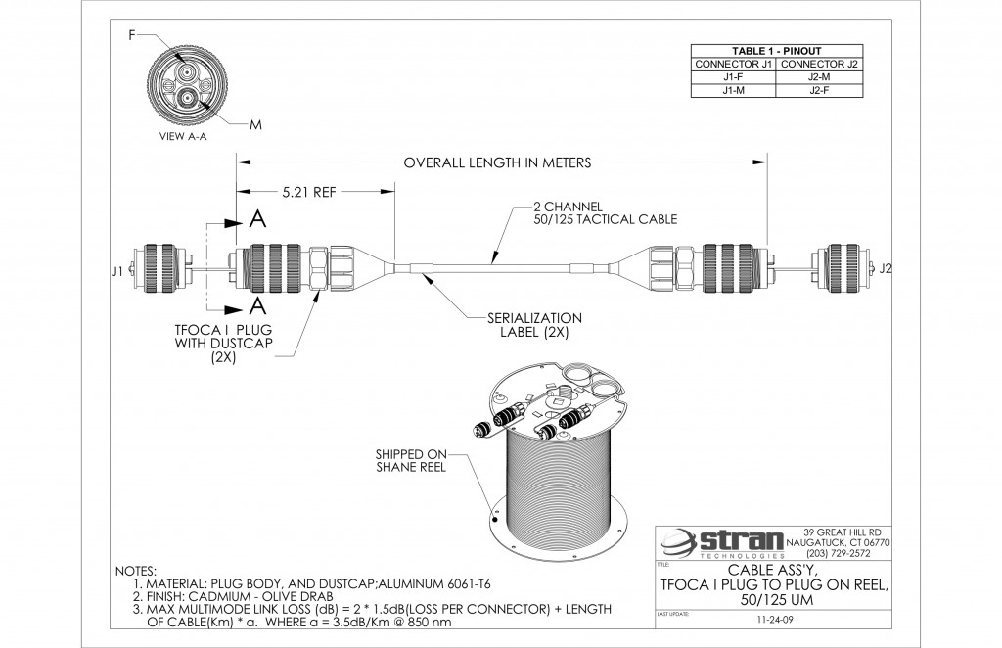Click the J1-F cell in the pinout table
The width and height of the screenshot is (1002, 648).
point(732,77)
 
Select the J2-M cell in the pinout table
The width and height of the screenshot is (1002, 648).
point(819,77)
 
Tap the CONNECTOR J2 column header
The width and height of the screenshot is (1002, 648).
point(819,65)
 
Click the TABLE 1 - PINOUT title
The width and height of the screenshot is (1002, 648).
point(776,51)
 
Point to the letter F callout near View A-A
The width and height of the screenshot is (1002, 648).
point(131,35)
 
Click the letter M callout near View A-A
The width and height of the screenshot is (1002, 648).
point(255,125)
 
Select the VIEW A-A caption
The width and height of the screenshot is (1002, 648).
point(183,138)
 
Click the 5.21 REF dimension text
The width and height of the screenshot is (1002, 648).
point(308,193)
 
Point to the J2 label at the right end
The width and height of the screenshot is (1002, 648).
point(886,268)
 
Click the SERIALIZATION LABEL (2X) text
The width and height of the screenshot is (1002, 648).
point(534,325)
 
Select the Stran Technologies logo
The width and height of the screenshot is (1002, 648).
point(719,541)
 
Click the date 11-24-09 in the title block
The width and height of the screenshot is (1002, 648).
point(775,620)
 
